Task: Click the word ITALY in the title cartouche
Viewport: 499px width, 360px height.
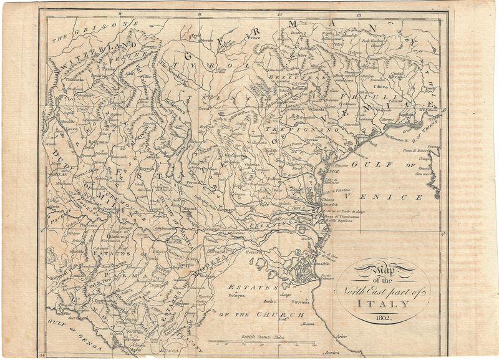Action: pos(384,304)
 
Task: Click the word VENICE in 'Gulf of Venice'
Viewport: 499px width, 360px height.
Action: pos(402,197)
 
